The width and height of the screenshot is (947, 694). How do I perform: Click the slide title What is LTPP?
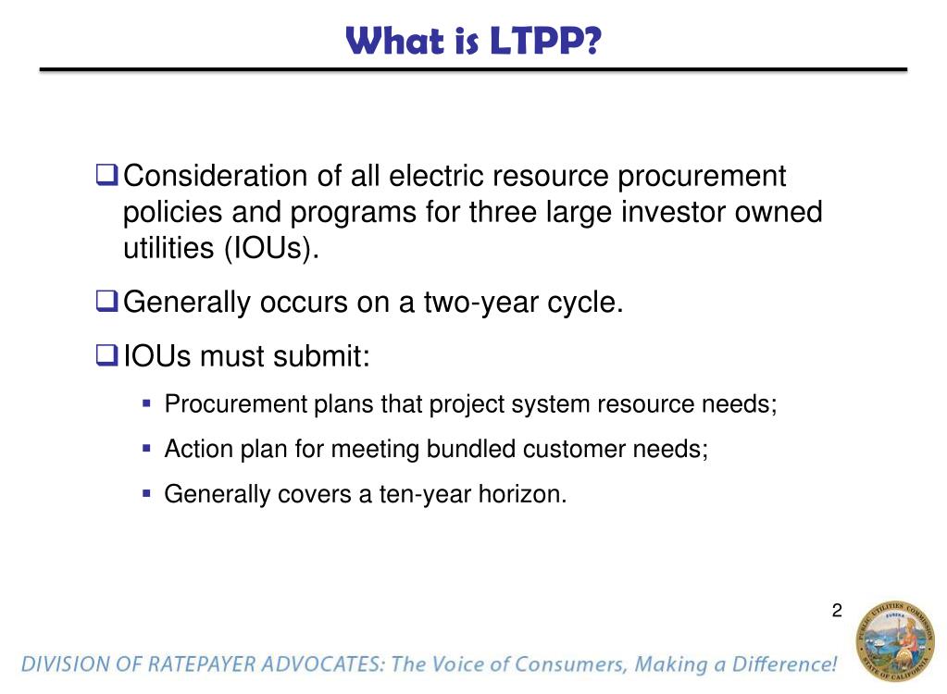tap(473, 41)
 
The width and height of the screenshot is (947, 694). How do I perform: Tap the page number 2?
tap(837, 610)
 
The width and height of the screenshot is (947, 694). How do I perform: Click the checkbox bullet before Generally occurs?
tap(107, 302)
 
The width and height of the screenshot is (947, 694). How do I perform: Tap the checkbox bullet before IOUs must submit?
tap(107, 354)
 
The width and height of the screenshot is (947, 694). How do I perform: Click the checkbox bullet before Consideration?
tap(107, 174)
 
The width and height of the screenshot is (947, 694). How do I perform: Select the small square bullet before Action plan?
tap(146, 449)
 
